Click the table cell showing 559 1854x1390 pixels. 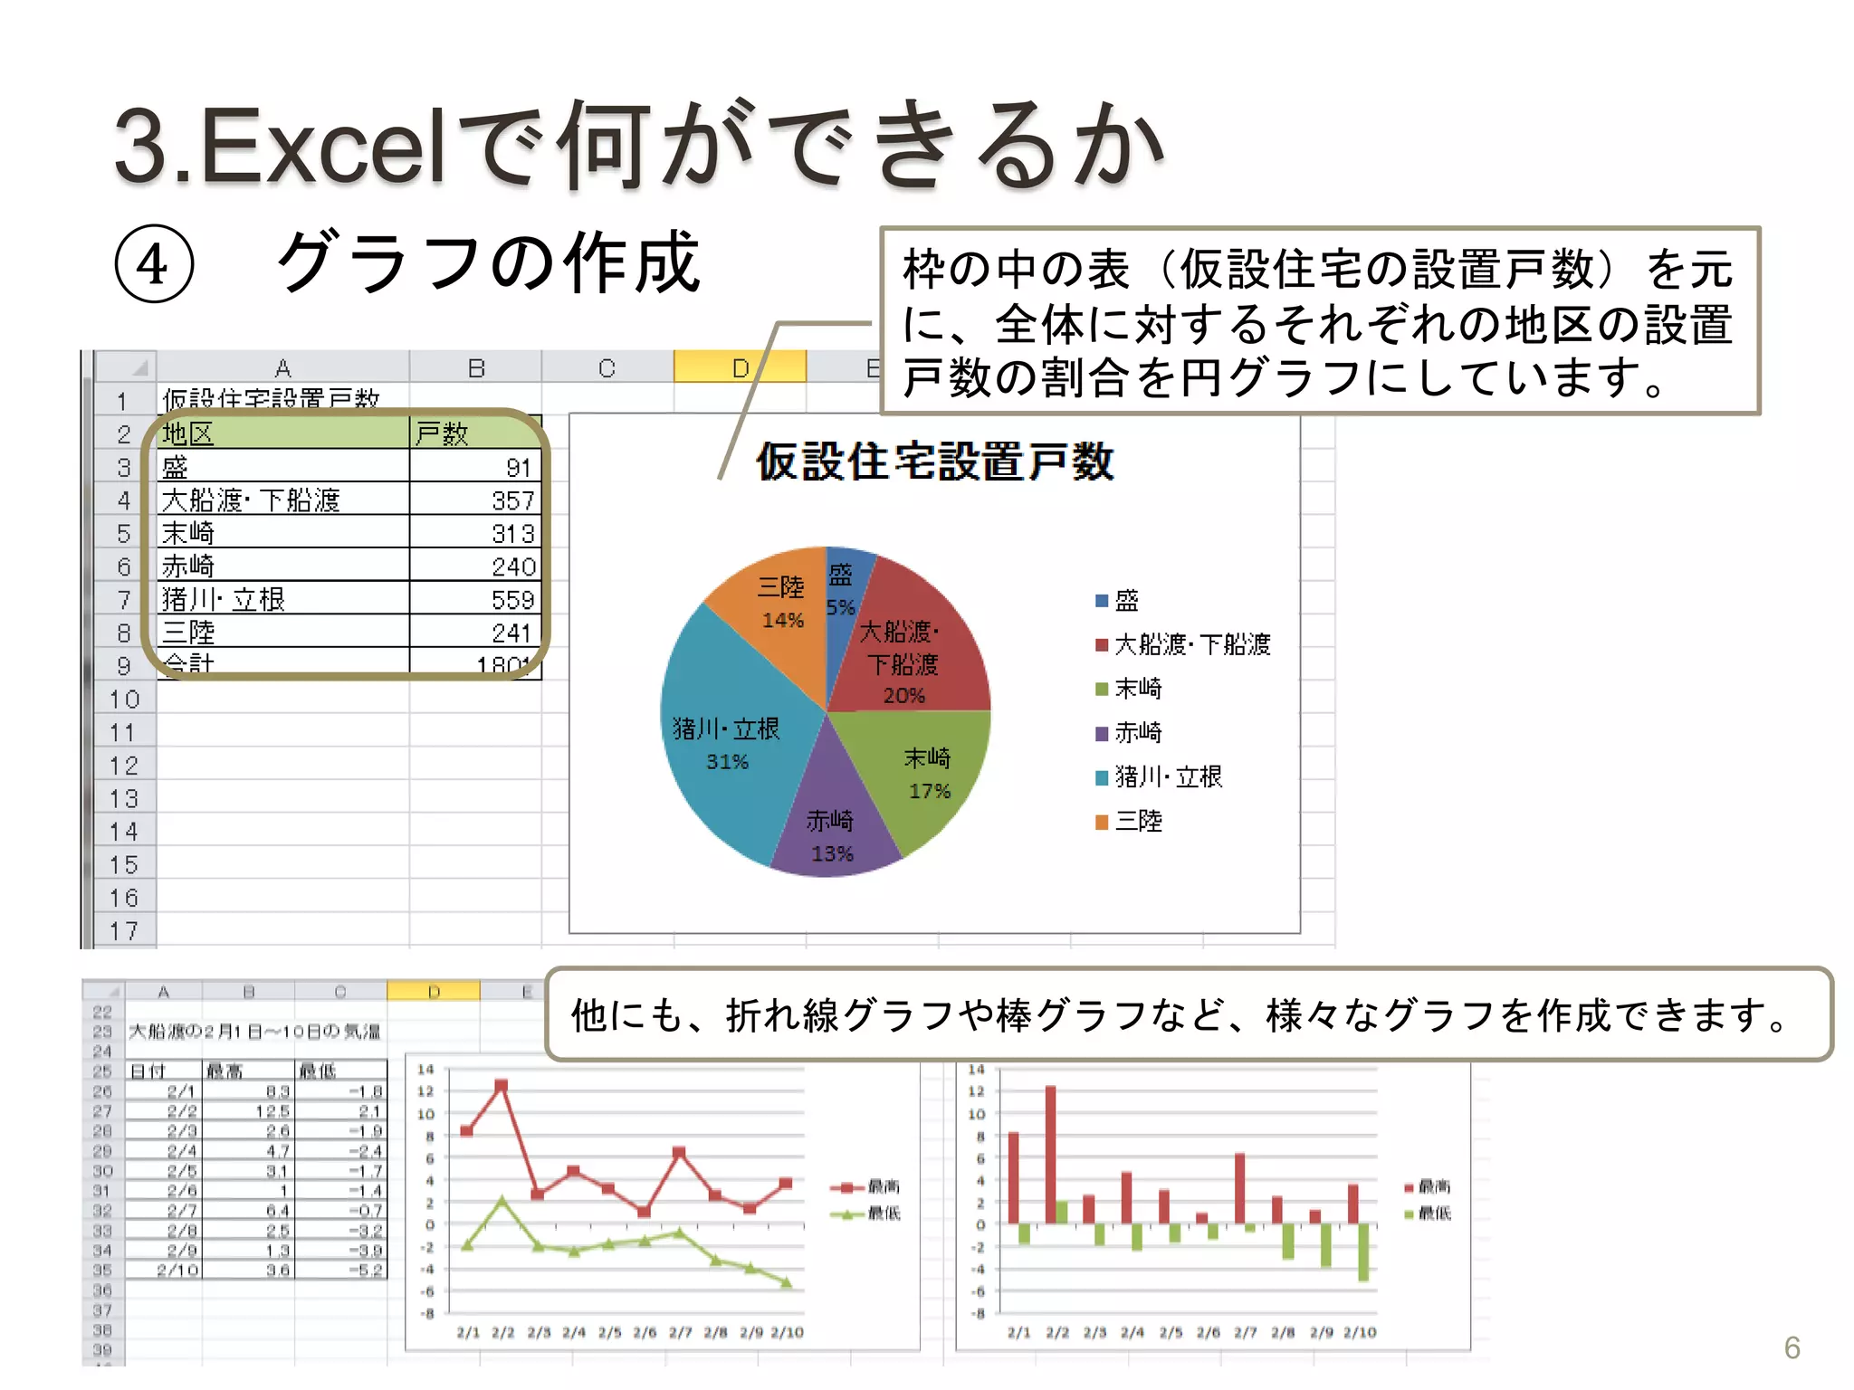[x=476, y=599]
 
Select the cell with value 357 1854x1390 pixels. [x=476, y=500]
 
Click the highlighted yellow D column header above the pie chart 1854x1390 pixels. [x=740, y=367]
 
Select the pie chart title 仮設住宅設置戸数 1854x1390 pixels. [x=934, y=462]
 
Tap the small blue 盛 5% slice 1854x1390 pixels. [x=845, y=588]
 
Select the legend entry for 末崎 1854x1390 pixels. [x=1137, y=689]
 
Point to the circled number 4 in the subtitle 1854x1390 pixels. [x=154, y=264]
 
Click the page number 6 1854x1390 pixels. [x=1792, y=1347]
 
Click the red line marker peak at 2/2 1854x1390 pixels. [x=502, y=1085]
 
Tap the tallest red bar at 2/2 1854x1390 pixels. [x=1050, y=1154]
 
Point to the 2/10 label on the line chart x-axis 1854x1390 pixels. [x=787, y=1332]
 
